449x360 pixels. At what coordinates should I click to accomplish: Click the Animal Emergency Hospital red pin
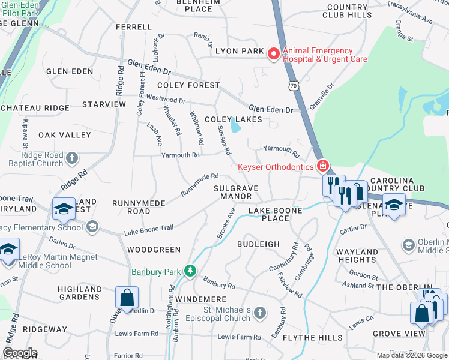(x=273, y=55)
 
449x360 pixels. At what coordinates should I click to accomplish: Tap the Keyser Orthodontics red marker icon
(x=323, y=166)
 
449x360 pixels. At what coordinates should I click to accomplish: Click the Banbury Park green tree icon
(x=190, y=271)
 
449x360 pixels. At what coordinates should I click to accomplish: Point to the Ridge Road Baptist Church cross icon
(x=71, y=158)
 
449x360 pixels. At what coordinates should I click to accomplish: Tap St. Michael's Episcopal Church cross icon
(x=259, y=313)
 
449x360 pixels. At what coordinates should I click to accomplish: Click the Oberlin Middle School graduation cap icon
(x=409, y=245)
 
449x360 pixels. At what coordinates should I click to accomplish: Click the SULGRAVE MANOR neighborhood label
(x=236, y=192)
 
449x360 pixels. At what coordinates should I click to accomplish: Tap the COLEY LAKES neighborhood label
(x=234, y=119)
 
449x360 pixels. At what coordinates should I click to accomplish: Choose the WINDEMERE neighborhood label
(x=200, y=299)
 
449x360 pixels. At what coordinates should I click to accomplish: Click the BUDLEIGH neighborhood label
(x=258, y=244)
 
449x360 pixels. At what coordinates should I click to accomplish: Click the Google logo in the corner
(x=20, y=353)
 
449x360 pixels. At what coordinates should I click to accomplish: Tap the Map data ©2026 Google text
(x=411, y=355)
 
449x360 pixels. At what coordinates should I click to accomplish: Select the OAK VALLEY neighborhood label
(x=64, y=136)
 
